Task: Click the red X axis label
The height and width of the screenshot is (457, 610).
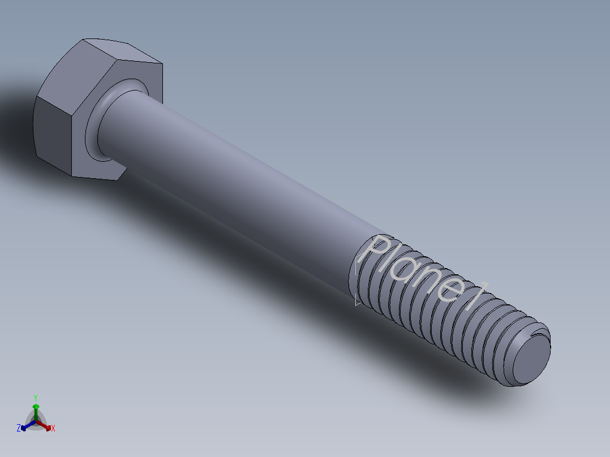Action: point(53,428)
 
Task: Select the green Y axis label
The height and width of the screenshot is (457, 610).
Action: point(35,398)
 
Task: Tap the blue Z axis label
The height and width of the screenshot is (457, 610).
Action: point(19,428)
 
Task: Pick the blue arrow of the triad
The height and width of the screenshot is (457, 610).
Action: point(25,426)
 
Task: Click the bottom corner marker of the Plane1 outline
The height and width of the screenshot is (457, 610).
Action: point(357,303)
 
